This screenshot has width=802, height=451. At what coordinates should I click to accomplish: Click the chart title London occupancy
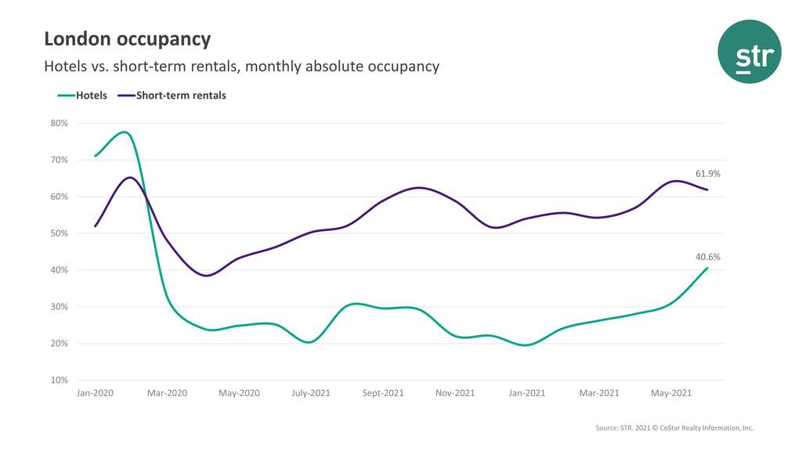pos(127,39)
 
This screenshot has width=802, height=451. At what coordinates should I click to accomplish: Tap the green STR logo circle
pos(750,52)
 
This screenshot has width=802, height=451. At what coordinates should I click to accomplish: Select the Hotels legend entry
pos(82,96)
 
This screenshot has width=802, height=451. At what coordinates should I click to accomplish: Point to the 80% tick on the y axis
pos(60,123)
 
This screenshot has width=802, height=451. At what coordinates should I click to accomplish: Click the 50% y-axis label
pos(60,233)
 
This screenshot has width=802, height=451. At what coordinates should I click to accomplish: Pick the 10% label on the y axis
pos(60,381)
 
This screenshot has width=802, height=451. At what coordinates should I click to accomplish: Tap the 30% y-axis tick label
pos(60,307)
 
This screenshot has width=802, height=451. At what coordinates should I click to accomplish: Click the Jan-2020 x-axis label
pos(95,393)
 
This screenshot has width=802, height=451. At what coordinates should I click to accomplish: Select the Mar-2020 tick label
pos(167,393)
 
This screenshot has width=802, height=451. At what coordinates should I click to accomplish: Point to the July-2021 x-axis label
pos(311,393)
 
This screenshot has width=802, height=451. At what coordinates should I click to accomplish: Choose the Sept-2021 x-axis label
pos(383,393)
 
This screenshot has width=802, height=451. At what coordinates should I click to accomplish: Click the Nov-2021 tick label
pos(455,393)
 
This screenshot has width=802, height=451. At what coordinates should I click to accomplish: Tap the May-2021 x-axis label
pos(671,393)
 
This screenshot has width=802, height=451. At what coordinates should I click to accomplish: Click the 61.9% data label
pos(708,174)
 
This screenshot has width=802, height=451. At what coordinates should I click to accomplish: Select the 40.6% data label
pos(708,257)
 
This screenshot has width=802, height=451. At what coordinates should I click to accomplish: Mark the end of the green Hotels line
pos(708,268)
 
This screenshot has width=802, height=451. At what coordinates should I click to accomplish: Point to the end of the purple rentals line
pos(708,189)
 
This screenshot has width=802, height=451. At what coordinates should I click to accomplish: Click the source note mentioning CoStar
pos(674,428)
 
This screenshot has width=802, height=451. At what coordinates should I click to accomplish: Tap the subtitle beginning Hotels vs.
pos(241,67)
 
